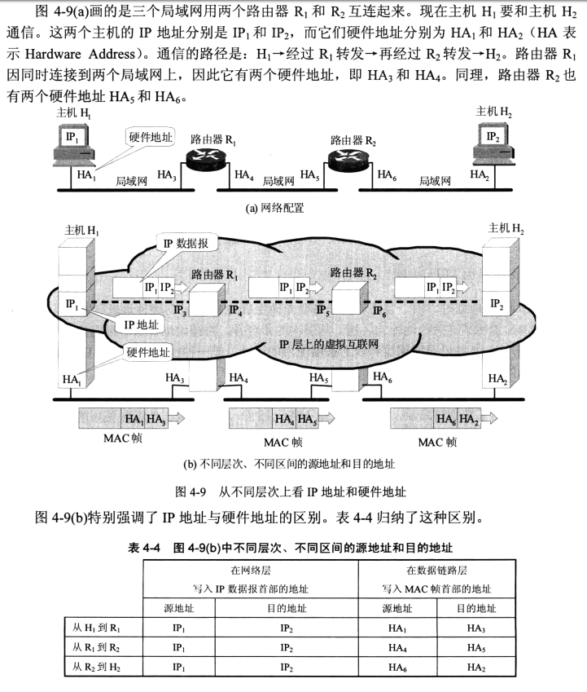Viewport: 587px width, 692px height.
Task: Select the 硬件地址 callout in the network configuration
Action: coord(151,137)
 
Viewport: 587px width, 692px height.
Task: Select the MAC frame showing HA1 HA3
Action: coord(130,419)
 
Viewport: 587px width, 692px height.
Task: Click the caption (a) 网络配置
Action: coord(275,208)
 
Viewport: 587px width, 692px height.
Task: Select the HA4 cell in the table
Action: coord(397,647)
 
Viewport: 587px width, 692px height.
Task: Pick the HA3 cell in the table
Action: coord(476,627)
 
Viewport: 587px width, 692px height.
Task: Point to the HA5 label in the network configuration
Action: coord(309,174)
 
